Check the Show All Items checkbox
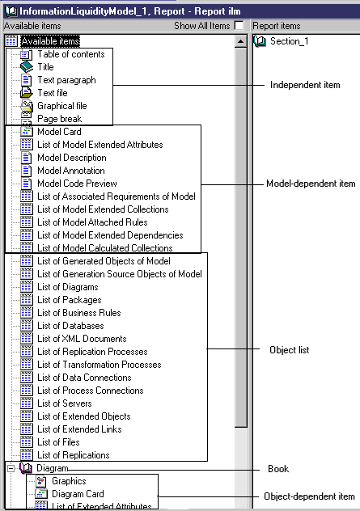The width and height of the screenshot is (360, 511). click(239, 25)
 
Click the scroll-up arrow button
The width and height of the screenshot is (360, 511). click(240, 41)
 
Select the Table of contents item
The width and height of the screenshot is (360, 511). click(70, 54)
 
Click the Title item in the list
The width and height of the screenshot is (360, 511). click(45, 67)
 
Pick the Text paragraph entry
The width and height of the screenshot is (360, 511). click(66, 80)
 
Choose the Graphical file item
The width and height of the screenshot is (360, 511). click(62, 106)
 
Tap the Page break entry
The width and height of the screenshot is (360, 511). click(59, 119)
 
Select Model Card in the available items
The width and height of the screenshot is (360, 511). click(59, 132)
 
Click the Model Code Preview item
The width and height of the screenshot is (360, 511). click(77, 184)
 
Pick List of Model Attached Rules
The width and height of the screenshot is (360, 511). click(92, 222)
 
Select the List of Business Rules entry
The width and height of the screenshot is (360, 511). click(79, 313)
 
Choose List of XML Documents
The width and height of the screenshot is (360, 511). click(82, 339)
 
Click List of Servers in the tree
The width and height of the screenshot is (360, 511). click(65, 403)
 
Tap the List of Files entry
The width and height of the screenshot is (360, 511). click(58, 442)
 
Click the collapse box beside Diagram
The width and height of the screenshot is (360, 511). click(11, 468)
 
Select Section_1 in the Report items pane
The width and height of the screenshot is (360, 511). click(290, 41)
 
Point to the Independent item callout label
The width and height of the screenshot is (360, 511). click(305, 85)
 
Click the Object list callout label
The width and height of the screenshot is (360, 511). click(290, 350)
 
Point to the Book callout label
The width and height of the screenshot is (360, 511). click(278, 469)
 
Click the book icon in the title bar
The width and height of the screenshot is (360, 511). click(11, 11)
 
